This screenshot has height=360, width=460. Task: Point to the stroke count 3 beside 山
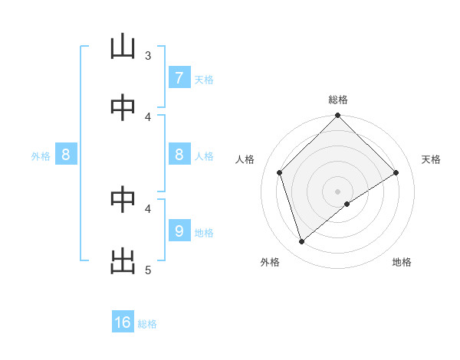(148, 55)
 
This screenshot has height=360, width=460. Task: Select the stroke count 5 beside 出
(148, 270)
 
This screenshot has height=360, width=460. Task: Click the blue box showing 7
(179, 78)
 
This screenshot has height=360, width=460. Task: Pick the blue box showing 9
(179, 231)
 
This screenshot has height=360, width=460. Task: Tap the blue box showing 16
(123, 322)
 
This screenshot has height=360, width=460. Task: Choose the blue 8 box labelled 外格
(66, 155)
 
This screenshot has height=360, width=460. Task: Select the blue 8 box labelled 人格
(179, 155)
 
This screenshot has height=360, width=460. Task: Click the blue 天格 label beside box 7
(204, 79)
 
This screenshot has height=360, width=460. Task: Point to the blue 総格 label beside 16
(148, 324)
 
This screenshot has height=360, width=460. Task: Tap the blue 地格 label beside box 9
(204, 232)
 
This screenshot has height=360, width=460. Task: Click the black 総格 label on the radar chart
(338, 100)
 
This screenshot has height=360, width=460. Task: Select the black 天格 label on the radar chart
(432, 159)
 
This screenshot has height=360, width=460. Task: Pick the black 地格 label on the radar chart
(402, 262)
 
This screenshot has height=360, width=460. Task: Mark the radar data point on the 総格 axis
(338, 116)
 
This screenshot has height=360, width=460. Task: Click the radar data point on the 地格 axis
(347, 204)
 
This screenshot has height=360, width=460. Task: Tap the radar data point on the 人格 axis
(280, 172)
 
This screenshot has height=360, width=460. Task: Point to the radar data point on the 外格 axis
(302, 242)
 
